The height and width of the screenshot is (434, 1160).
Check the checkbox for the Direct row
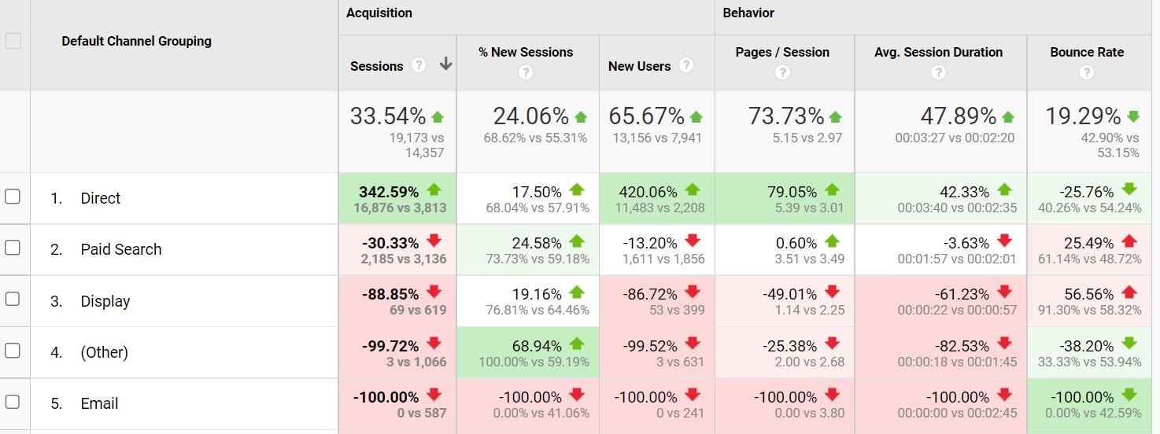click(13, 197)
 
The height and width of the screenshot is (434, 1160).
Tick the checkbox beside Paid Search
click(13, 248)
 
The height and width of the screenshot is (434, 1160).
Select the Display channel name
click(105, 301)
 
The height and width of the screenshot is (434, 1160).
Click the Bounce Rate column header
click(1086, 53)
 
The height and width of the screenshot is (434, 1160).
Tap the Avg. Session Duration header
click(938, 53)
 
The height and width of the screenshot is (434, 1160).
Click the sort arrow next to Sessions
click(445, 64)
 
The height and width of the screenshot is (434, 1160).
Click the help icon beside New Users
click(686, 65)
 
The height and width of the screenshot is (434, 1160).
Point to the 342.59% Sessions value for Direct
click(389, 191)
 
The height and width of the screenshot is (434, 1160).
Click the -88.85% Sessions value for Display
click(390, 294)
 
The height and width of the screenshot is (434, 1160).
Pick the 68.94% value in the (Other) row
click(537, 346)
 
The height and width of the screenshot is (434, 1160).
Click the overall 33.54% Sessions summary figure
click(388, 116)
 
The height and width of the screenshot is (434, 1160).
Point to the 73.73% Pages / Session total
click(786, 116)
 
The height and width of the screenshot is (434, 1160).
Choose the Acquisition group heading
click(379, 13)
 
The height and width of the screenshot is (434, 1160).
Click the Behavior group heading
click(748, 13)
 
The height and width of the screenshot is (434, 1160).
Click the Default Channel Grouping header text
click(136, 41)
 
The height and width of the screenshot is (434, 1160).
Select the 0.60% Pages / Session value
click(796, 243)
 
